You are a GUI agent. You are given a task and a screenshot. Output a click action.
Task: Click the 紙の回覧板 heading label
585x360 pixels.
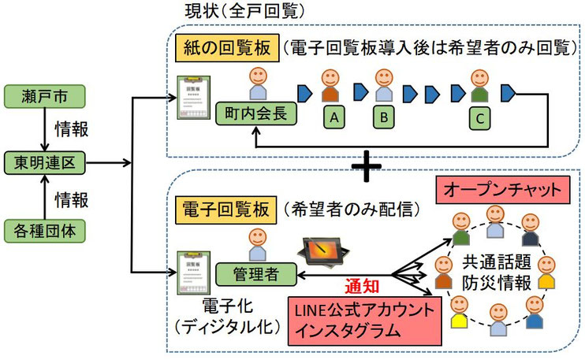click(x=225, y=47)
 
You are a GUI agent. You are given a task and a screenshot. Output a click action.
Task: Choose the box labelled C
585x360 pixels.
click(x=477, y=117)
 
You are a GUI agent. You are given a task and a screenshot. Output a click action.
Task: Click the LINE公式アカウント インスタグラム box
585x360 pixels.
click(x=364, y=318)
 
